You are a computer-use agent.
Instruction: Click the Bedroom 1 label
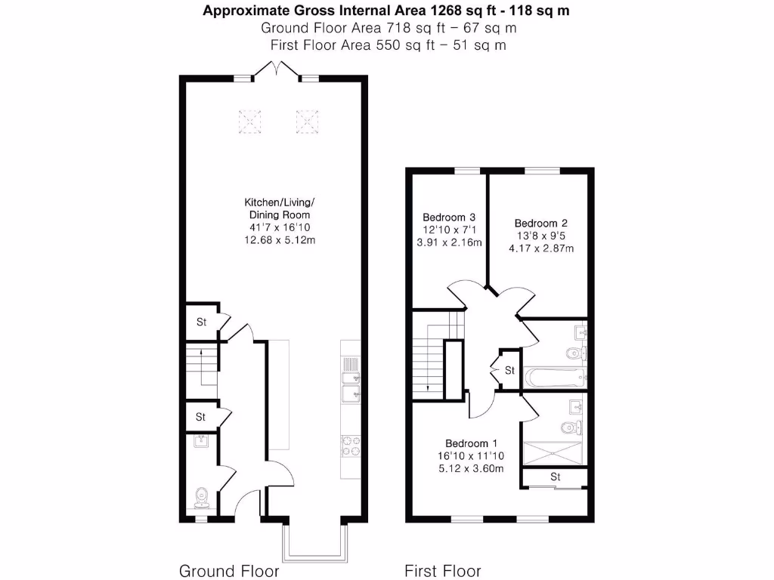[x=471, y=443]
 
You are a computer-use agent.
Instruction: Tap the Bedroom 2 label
[x=540, y=223]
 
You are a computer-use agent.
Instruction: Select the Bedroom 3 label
[x=448, y=217]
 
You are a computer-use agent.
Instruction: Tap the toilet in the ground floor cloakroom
[x=202, y=496]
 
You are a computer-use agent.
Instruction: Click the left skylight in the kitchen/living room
[x=250, y=120]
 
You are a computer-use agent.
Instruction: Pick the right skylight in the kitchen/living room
[x=306, y=120]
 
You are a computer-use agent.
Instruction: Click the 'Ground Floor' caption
[x=228, y=570]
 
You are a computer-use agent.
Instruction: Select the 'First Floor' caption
[x=442, y=570]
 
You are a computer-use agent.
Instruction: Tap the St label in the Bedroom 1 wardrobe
[x=555, y=477]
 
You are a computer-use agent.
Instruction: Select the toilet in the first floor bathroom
[x=574, y=353]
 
